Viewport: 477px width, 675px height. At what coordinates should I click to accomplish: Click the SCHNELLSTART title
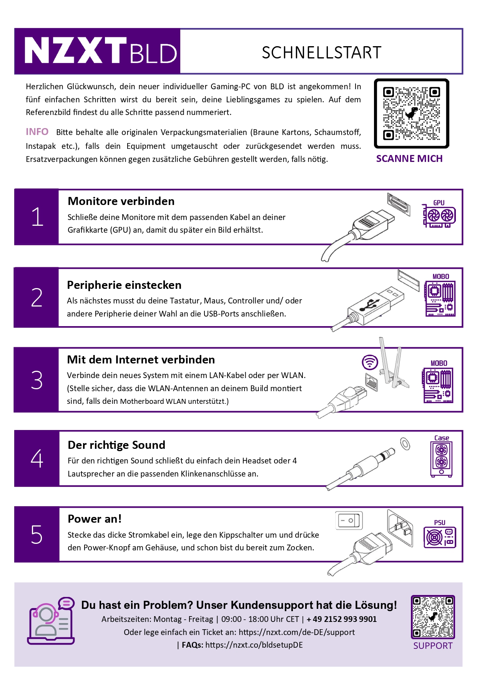pyautogui.click(x=321, y=53)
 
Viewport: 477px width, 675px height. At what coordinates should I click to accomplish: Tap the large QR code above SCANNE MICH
pyautogui.click(x=411, y=113)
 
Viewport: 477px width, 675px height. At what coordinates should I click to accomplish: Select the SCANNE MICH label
pyautogui.click(x=409, y=158)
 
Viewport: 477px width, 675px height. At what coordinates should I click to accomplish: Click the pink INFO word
pyautogui.click(x=37, y=132)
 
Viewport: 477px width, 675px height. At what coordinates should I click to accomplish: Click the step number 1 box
pyautogui.click(x=37, y=217)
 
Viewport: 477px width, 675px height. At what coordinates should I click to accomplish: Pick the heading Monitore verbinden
pyautogui.click(x=121, y=201)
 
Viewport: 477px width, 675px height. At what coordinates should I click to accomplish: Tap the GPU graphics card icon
pyautogui.click(x=439, y=215)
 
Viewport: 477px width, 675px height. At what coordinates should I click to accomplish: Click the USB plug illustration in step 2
pyautogui.click(x=373, y=304)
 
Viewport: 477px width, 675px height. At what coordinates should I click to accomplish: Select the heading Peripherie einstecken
pyautogui.click(x=124, y=285)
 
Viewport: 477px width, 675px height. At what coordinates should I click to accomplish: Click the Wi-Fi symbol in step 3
pyautogui.click(x=370, y=362)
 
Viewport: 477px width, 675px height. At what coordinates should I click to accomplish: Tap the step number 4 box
pyautogui.click(x=37, y=458)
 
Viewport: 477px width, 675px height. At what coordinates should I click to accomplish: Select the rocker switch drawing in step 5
pyautogui.click(x=349, y=520)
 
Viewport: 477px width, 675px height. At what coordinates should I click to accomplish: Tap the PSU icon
pyautogui.click(x=440, y=536)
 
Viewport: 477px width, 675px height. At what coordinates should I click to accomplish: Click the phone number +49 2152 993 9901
pyautogui.click(x=341, y=619)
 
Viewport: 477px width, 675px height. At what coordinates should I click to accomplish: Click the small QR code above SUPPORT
pyautogui.click(x=433, y=617)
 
